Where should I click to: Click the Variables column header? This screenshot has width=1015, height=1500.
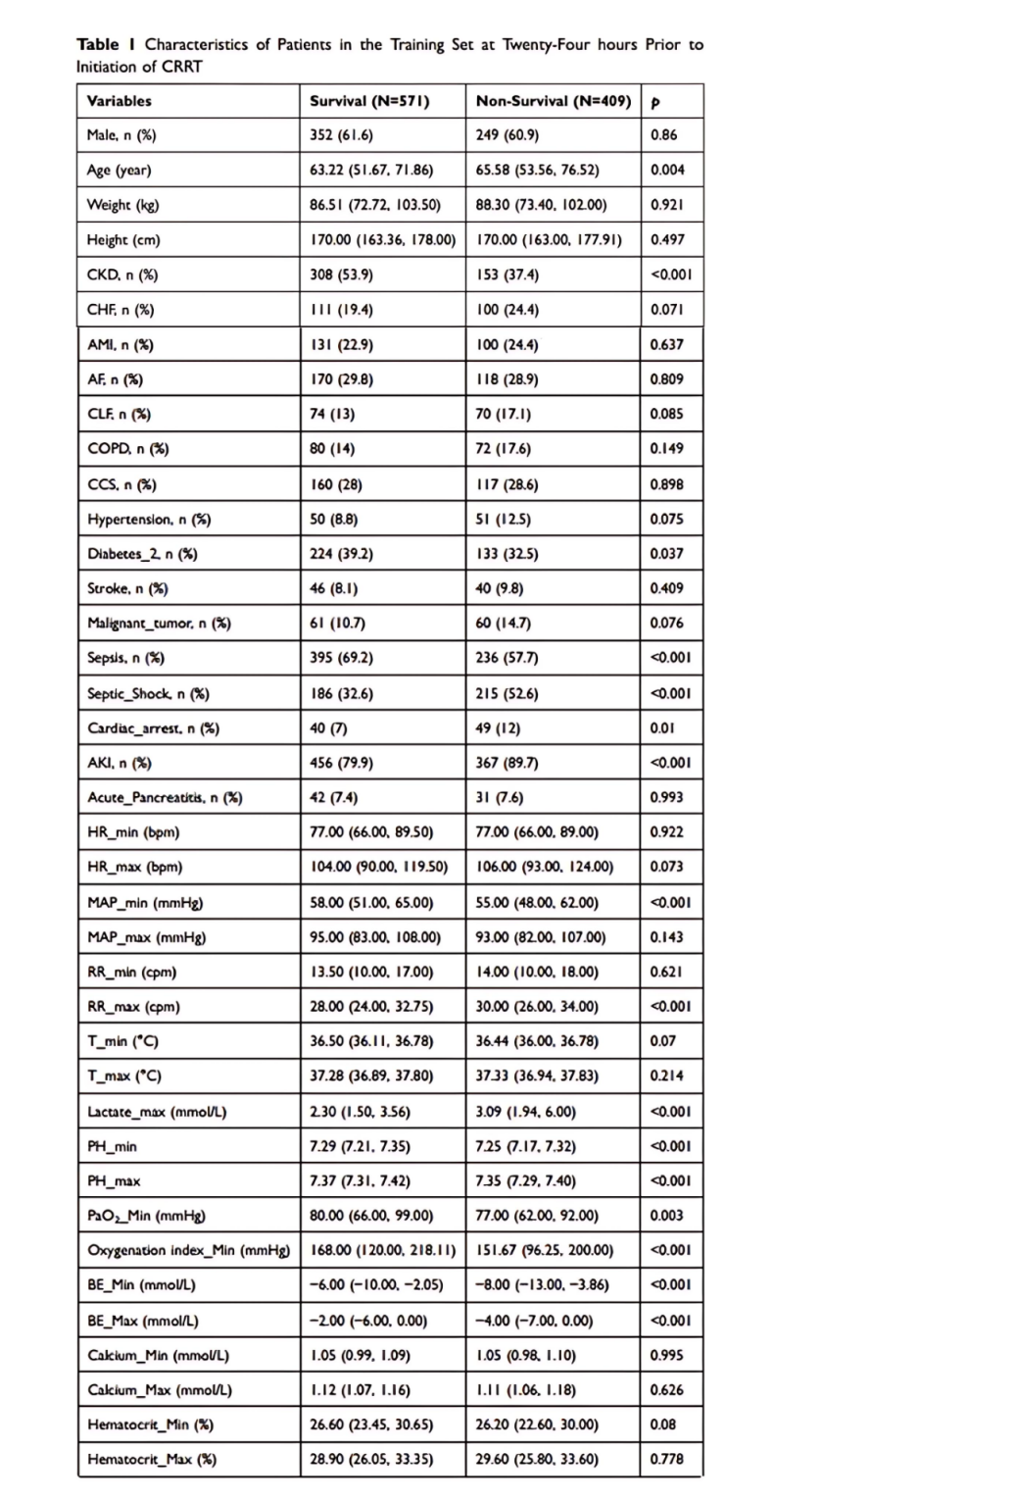click(x=120, y=101)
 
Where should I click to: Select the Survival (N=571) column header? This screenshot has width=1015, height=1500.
click(x=369, y=101)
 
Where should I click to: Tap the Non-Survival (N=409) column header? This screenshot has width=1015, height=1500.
click(x=554, y=101)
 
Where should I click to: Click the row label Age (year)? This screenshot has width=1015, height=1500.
click(x=120, y=171)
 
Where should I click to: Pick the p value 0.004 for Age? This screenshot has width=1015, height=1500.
click(x=667, y=171)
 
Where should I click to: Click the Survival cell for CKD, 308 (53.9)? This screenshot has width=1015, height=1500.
click(x=341, y=275)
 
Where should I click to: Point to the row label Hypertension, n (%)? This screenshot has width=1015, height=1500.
click(x=149, y=520)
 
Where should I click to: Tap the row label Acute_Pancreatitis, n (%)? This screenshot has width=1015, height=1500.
click(x=165, y=798)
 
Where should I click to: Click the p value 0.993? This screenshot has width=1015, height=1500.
click(x=667, y=798)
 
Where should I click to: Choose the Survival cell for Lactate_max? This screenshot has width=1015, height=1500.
click(x=360, y=1113)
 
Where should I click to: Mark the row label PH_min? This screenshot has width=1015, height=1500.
click(x=113, y=1147)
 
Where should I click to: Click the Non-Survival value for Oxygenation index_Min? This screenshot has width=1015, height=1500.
click(x=545, y=1251)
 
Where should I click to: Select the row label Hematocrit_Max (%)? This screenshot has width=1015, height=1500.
click(x=152, y=1460)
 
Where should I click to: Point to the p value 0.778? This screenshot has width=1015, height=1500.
click(x=667, y=1460)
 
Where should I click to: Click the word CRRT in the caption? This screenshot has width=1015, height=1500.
click(x=182, y=67)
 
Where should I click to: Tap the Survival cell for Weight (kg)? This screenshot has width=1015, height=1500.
click(x=375, y=206)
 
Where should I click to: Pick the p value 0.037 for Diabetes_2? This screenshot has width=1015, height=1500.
click(x=667, y=554)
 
